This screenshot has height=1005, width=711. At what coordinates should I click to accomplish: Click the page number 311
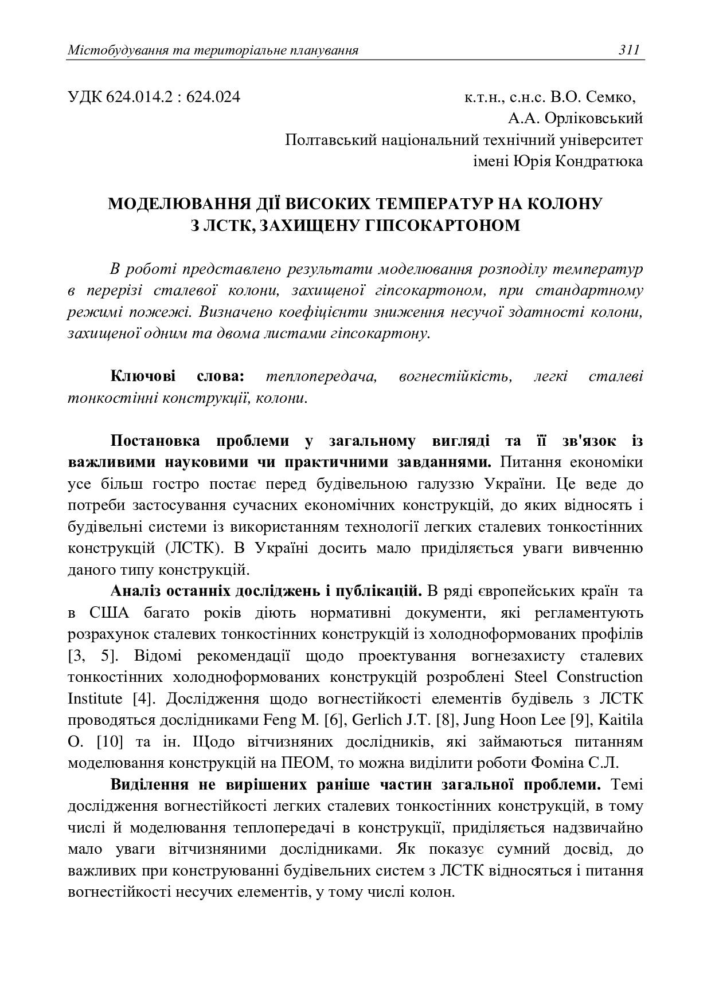[x=628, y=50]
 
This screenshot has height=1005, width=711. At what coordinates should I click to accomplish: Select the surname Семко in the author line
[x=614, y=96]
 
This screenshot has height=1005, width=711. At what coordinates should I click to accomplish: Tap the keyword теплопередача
[x=321, y=376]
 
